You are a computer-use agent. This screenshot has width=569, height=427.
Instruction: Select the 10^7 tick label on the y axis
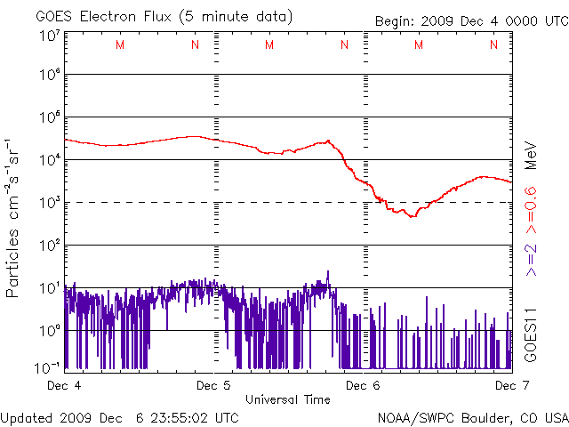tap(49, 36)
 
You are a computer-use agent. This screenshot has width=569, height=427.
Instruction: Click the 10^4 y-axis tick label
tap(49, 159)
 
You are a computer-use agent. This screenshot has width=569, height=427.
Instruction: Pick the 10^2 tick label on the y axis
tap(49, 245)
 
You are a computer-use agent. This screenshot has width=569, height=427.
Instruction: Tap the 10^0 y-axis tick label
tap(49, 330)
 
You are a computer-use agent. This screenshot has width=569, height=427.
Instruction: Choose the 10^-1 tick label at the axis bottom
tap(49, 367)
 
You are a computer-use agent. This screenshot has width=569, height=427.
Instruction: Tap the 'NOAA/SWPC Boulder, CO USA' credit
tap(472, 416)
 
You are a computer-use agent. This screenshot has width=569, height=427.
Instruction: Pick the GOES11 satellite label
tap(530, 334)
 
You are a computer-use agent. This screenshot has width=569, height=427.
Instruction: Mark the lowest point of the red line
tap(412, 216)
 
